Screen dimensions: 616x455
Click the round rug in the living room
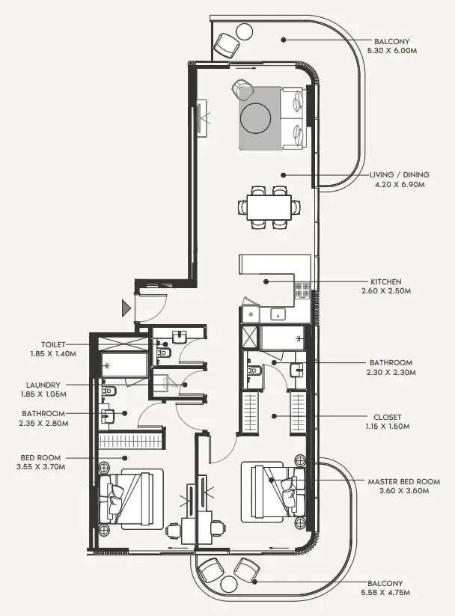tap(256, 118)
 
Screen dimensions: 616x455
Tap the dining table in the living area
tap(269, 206)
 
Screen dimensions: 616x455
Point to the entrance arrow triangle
tap(126, 307)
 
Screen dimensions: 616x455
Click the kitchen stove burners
tap(303, 290)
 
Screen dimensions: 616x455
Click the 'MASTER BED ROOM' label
tap(403, 481)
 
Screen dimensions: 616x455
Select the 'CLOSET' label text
tap(387, 417)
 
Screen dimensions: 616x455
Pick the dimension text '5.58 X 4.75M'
tap(385, 593)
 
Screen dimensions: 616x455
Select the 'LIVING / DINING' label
tap(400, 175)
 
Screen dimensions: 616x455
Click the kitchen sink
tap(280, 314)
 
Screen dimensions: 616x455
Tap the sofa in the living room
tap(292, 118)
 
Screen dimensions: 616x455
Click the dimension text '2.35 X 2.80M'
tap(44, 423)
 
